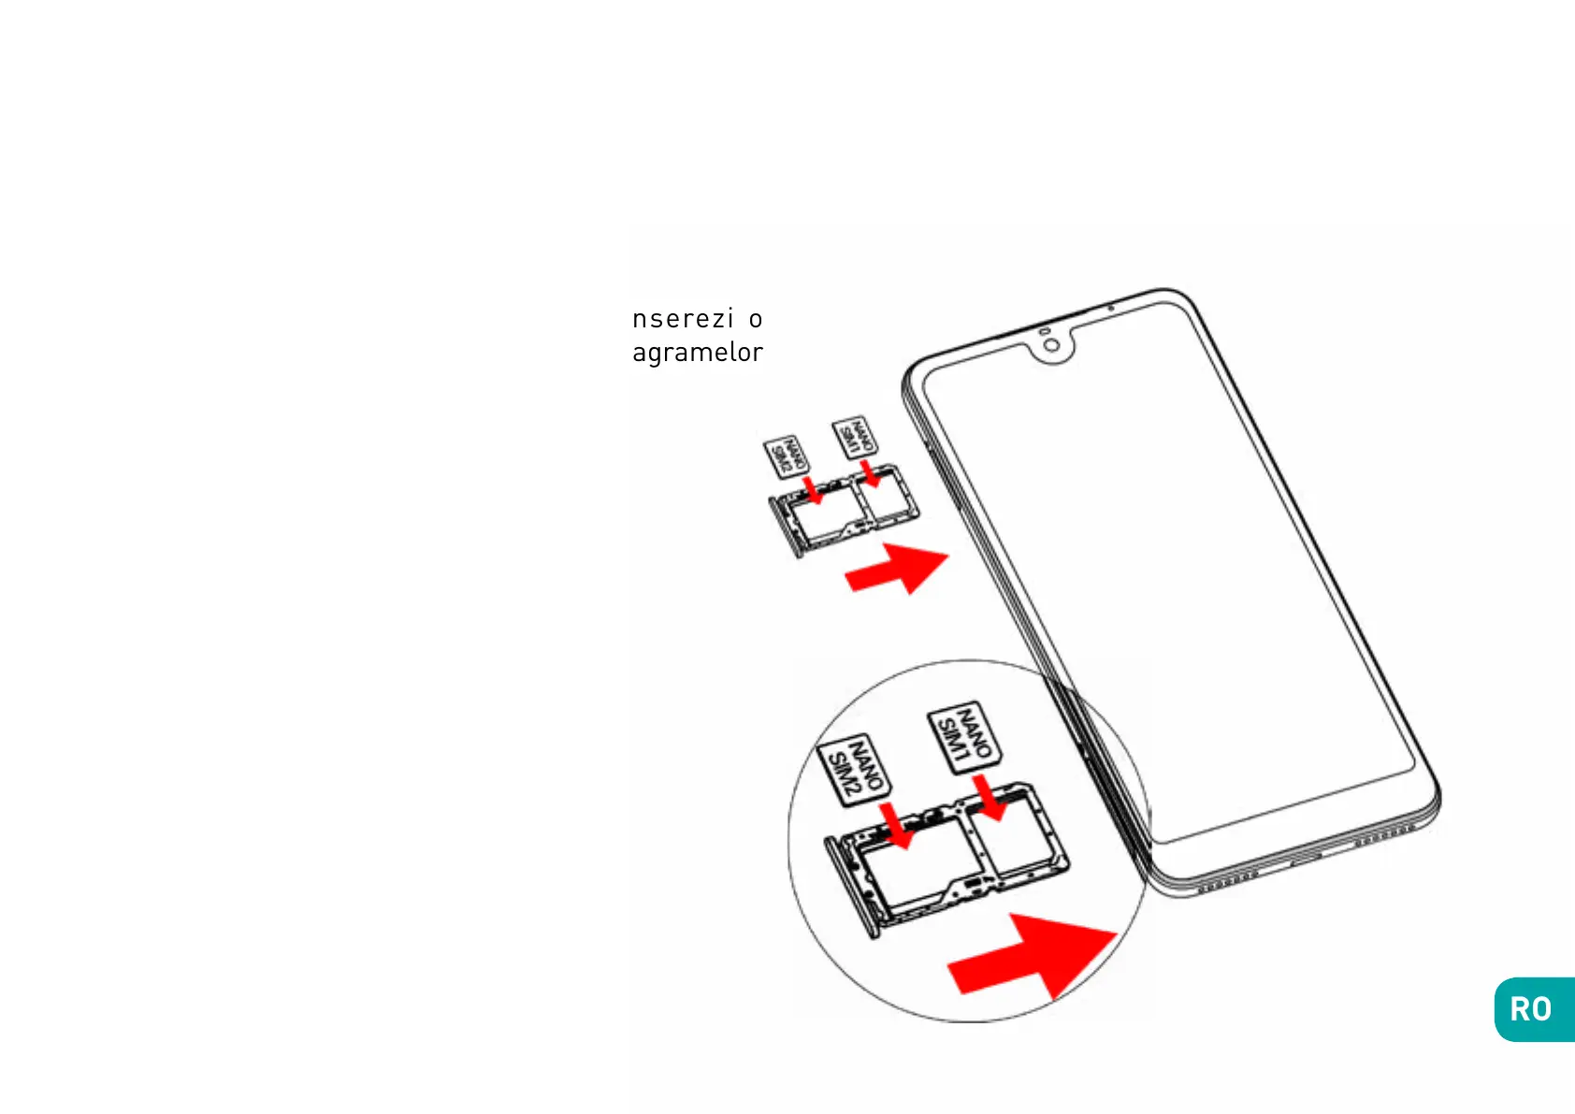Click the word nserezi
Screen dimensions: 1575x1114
[683, 319]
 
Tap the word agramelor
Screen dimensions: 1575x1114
[698, 353]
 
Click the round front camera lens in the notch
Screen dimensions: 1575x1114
[1053, 346]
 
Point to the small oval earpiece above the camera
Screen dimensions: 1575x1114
[1044, 331]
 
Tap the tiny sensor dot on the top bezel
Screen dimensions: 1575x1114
[1110, 308]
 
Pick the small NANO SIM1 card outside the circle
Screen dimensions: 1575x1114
[854, 438]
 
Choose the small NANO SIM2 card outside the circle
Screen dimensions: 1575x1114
[786, 457]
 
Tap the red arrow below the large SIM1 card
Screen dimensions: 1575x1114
[989, 797]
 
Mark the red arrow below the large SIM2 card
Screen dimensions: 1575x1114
[897, 825]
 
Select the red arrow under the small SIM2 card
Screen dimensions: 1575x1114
[816, 490]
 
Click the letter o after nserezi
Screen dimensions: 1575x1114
[755, 320]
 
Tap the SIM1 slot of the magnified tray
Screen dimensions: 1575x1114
[1015, 837]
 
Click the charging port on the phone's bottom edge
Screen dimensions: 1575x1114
[1306, 859]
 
